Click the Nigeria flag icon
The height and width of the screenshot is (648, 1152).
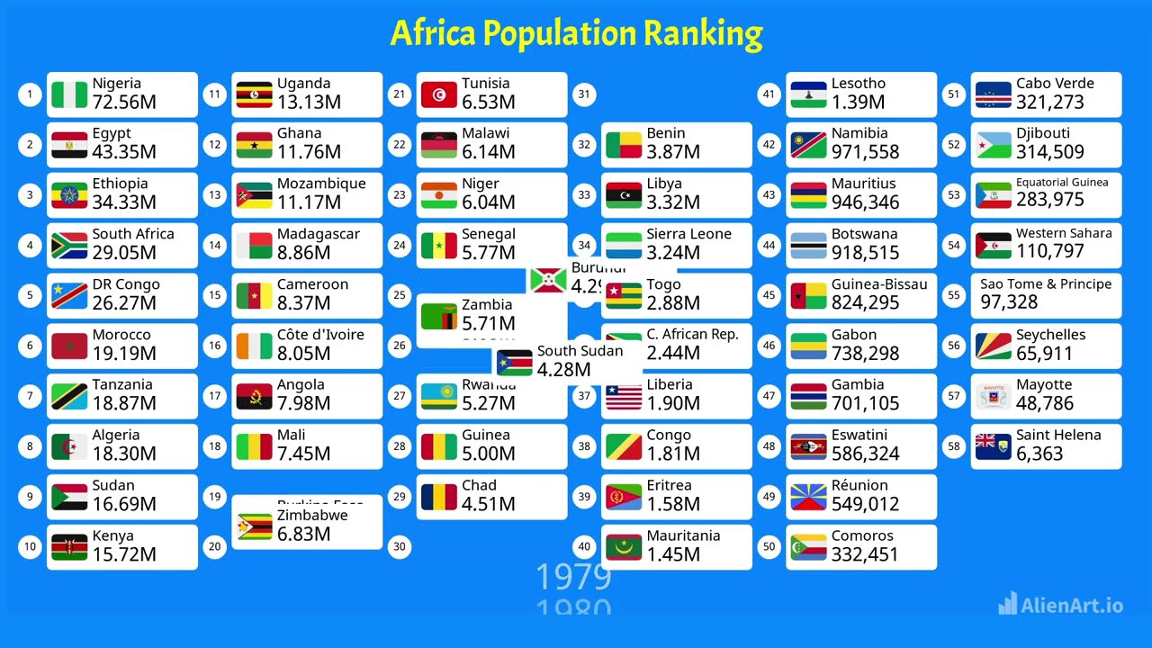(69, 94)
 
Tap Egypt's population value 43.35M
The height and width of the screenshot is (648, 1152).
(124, 152)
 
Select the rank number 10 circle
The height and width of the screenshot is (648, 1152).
(31, 546)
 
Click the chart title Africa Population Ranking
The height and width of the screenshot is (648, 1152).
(576, 34)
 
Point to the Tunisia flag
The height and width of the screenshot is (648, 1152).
(439, 94)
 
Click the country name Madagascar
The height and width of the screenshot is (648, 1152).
(318, 234)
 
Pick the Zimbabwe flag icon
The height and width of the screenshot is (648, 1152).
(255, 526)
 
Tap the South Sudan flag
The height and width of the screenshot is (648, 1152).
(515, 362)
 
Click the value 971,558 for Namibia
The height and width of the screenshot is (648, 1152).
(865, 152)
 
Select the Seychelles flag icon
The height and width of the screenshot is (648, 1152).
(994, 346)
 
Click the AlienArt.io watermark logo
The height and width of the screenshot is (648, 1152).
(1061, 605)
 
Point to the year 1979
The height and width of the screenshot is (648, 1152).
(573, 577)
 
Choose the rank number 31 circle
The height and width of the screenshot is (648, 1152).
(584, 94)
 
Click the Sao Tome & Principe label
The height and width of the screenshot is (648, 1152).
(1045, 284)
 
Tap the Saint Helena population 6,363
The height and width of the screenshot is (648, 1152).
(1039, 454)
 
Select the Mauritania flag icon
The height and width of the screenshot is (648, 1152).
(624, 546)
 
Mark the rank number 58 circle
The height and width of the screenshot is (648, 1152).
(955, 445)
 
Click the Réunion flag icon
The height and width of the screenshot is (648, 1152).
(808, 496)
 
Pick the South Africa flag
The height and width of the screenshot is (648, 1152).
(69, 245)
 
